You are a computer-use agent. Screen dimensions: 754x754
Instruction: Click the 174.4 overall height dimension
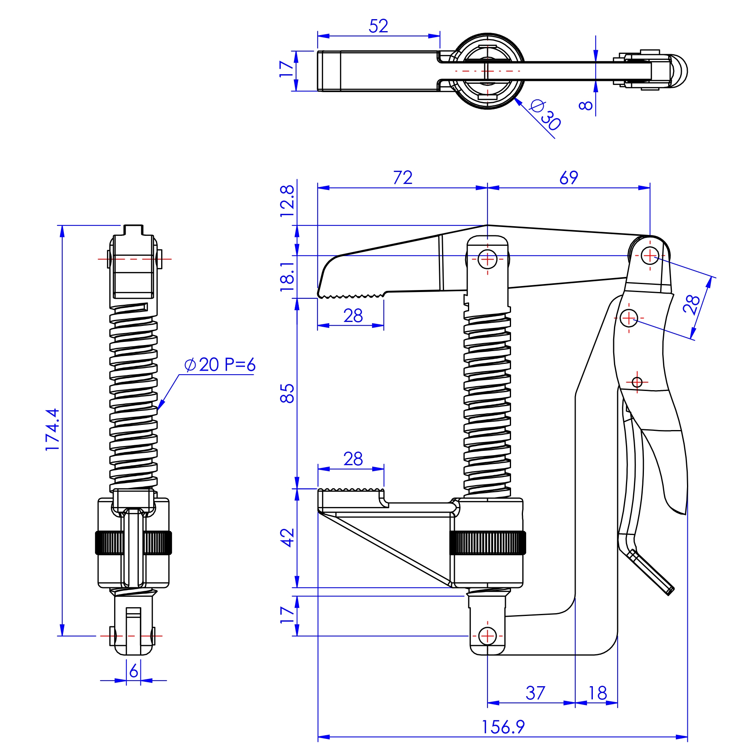pos(53,430)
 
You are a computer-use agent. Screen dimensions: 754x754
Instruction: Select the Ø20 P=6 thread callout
pos(219,365)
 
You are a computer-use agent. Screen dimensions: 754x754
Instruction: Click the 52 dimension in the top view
pos(378,26)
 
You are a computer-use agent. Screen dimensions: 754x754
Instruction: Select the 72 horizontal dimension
pos(403,178)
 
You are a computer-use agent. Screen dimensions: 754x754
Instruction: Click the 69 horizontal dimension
pos(568,178)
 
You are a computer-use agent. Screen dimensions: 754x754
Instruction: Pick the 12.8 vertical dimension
pos(287,201)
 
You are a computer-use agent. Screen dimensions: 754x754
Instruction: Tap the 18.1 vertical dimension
pos(287,276)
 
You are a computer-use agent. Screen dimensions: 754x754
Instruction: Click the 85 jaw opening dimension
pos(287,393)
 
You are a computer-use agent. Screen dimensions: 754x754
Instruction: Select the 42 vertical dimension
pos(287,537)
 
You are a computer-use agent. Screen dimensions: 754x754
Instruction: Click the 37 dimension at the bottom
pos(535,693)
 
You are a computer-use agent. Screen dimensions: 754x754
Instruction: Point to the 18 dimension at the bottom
pos(597,693)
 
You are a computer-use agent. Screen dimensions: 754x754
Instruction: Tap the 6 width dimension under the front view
pos(134,671)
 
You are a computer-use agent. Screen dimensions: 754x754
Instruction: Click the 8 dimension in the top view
pos(585,105)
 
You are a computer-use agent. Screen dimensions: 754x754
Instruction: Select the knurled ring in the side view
pos(487,543)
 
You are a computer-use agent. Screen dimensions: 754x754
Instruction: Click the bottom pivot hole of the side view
pos(487,636)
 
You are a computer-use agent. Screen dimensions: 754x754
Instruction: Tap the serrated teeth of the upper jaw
pos(351,296)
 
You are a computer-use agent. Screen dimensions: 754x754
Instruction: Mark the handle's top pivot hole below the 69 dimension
pos(650,255)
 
